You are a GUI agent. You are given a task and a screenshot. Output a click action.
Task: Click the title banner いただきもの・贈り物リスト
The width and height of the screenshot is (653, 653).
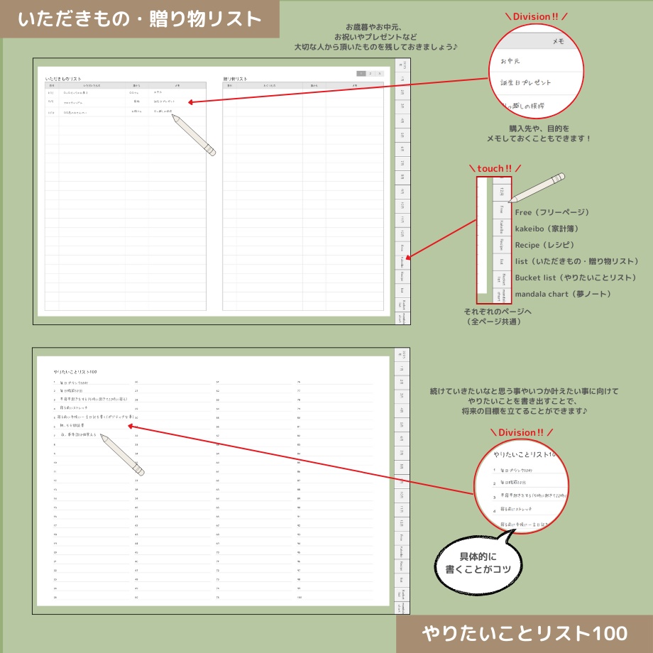139,19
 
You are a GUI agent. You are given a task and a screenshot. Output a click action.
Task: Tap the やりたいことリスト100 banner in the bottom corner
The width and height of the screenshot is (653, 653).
524,633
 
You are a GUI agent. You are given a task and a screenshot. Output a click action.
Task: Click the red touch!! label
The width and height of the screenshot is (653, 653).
494,168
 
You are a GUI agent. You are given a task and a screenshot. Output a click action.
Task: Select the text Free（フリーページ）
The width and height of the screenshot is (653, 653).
552,212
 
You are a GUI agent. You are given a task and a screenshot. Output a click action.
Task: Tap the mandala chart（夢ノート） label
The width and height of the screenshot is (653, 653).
563,294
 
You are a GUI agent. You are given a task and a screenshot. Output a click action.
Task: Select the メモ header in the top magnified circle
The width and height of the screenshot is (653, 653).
558,42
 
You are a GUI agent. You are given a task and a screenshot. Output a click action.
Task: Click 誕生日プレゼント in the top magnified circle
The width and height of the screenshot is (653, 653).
526,83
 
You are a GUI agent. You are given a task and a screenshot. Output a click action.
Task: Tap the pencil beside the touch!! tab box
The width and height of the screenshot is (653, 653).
537,187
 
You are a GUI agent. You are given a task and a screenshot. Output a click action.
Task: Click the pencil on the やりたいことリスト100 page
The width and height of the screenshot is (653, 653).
122,455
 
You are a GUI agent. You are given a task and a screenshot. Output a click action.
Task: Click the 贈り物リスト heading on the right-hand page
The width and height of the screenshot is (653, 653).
236,79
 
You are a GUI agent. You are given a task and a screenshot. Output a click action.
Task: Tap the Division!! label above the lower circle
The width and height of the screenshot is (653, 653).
521,432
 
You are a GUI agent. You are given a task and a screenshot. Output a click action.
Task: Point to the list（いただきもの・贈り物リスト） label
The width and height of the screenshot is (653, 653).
577,261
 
